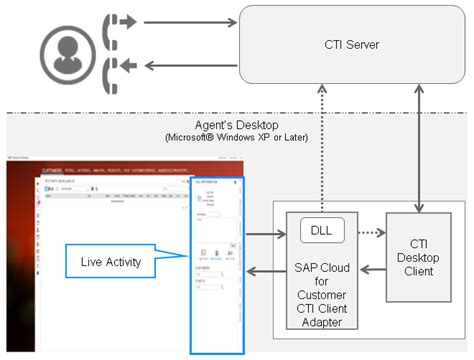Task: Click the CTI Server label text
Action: pos(352,45)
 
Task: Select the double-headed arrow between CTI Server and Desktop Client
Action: pos(421,150)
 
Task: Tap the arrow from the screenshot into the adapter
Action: pos(264,237)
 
